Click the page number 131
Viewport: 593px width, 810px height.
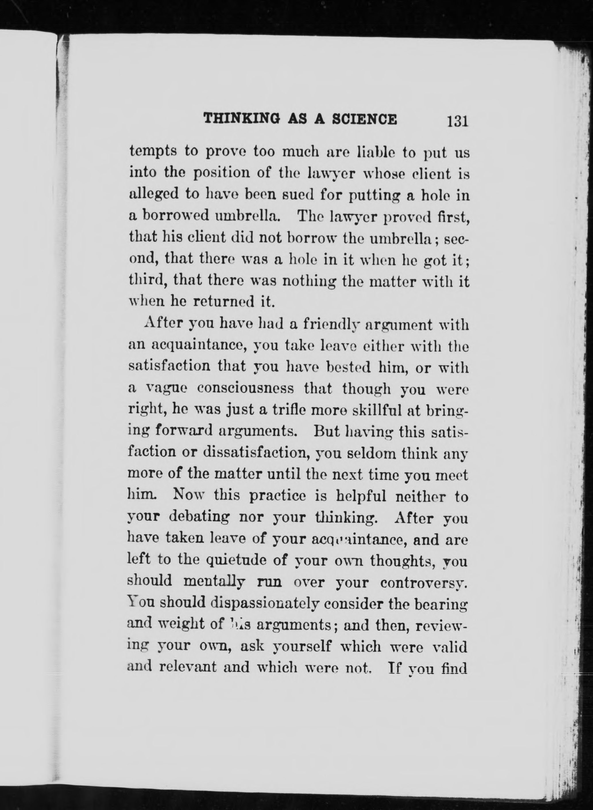pos(457,121)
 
